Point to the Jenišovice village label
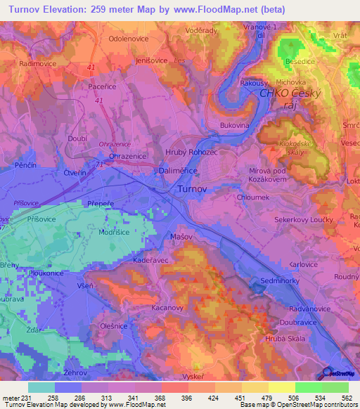(146, 60)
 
